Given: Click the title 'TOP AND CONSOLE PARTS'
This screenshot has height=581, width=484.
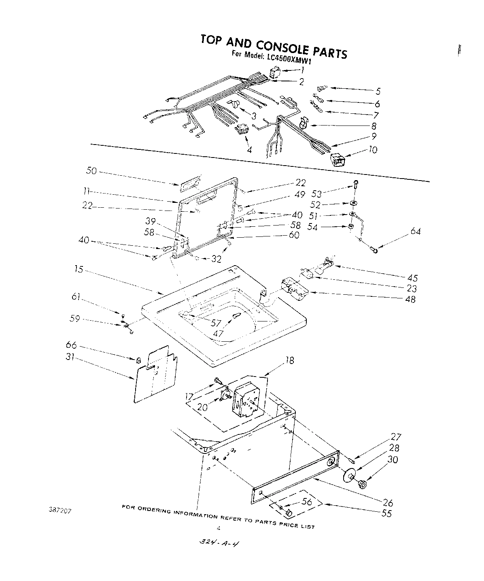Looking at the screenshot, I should [x=274, y=46].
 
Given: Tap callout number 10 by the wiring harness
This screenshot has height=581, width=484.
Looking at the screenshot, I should [x=372, y=150].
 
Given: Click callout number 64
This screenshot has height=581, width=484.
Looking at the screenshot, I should [x=415, y=232].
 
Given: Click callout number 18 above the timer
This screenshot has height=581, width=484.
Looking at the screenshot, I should [x=289, y=360].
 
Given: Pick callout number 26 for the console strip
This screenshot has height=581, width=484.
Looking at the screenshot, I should [x=388, y=502].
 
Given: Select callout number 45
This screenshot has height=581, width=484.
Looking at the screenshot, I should [x=412, y=278].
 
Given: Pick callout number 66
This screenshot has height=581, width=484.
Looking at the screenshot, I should [x=71, y=345].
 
